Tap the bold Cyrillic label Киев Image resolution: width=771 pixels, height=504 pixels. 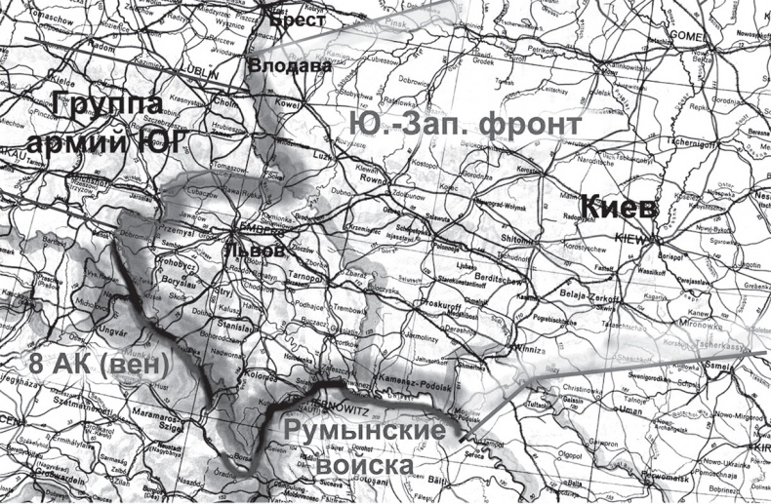pos(619,207)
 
